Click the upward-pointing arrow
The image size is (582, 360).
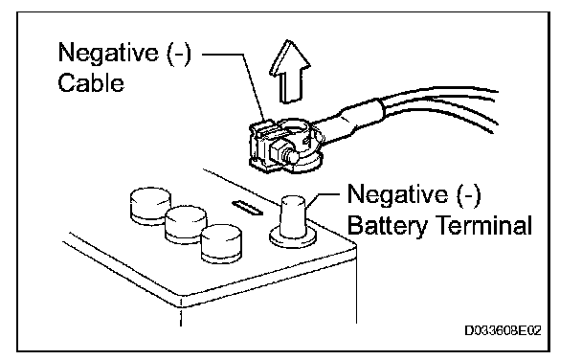point(289,73)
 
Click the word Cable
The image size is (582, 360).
point(91,82)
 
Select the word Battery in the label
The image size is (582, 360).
point(388,226)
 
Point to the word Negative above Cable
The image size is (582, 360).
point(108,53)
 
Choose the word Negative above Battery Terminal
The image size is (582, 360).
point(397,194)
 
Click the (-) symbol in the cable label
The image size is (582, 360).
point(179,53)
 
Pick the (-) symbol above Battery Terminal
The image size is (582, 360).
point(468,194)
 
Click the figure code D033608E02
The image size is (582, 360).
point(503,330)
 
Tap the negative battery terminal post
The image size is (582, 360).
point(293,217)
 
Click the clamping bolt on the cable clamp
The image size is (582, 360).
point(284,153)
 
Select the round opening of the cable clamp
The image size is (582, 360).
point(294,128)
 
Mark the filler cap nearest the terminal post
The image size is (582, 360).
point(221,243)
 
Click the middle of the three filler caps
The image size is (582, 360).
point(186,225)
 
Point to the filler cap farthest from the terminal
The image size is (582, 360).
point(150,206)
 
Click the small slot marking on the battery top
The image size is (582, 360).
point(247,208)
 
